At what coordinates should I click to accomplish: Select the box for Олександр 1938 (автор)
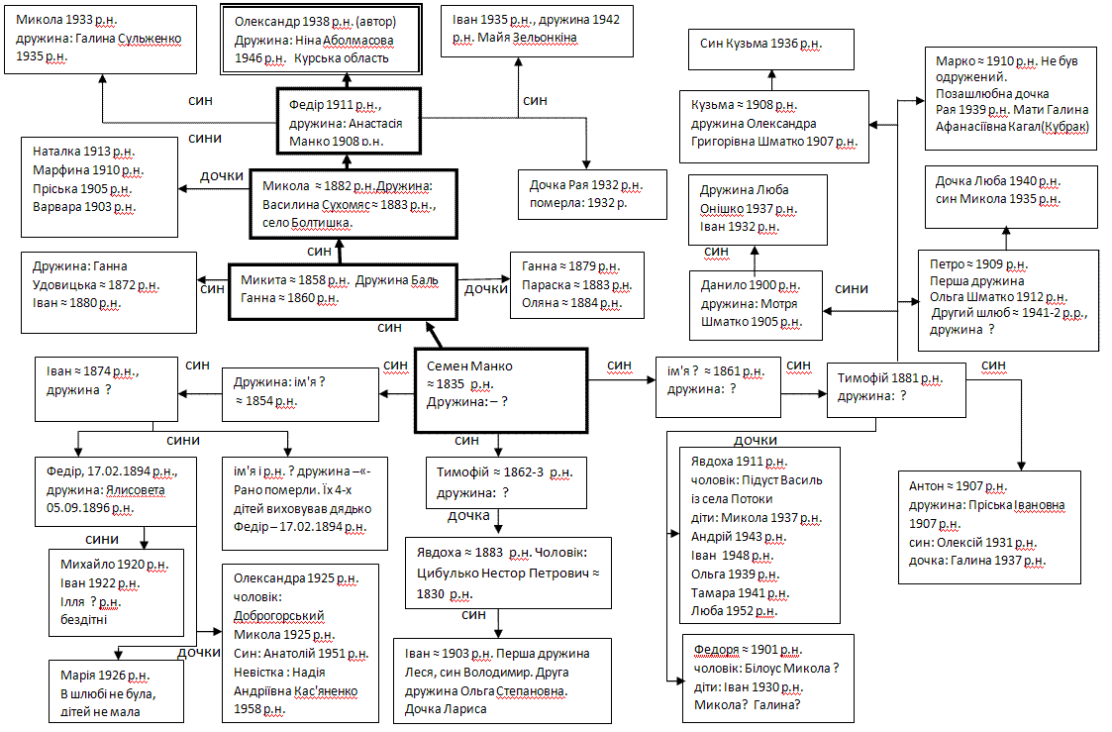(311, 41)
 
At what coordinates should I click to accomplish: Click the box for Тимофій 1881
(895, 387)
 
